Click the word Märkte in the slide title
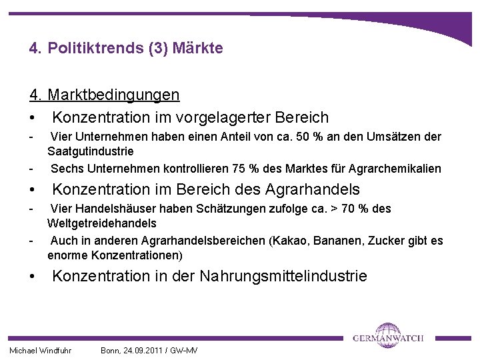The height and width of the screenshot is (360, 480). (200, 49)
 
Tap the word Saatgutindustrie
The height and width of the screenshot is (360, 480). (90, 152)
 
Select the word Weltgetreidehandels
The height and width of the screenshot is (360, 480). (101, 223)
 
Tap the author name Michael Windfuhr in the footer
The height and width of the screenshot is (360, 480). (40, 351)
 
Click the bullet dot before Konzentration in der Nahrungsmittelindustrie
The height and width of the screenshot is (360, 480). (31, 276)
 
